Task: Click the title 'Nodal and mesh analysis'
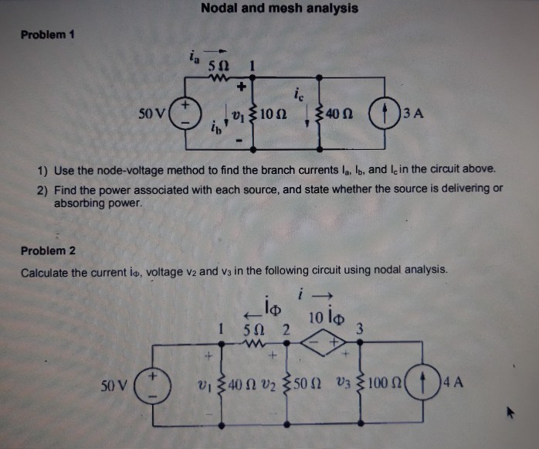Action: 279,9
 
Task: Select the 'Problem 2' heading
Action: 48,250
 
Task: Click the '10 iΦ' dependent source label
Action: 321,317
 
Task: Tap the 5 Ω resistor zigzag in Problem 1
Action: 217,77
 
